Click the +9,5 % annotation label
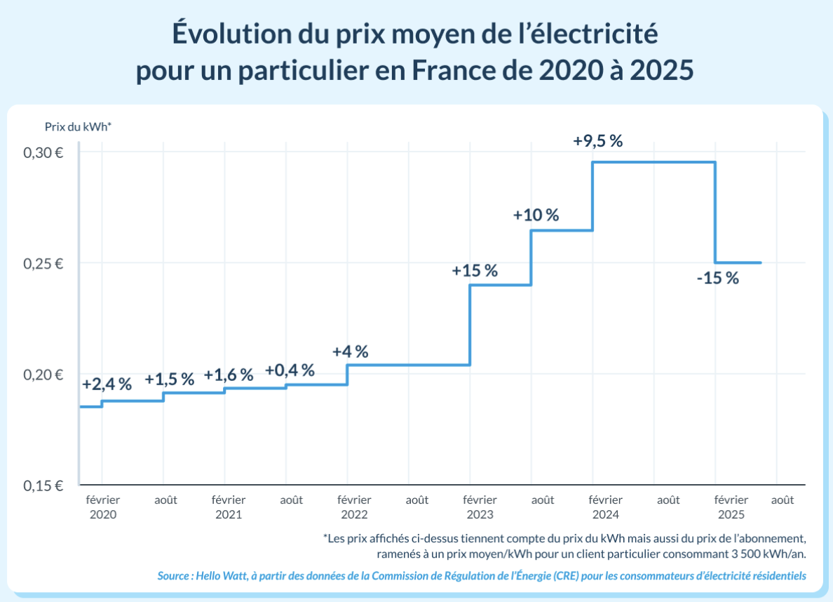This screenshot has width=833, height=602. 597,140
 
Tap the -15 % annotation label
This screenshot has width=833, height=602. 718,278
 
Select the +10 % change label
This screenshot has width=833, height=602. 536,215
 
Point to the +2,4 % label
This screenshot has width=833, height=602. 107,384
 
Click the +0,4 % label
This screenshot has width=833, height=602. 290,370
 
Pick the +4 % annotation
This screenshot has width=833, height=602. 351,352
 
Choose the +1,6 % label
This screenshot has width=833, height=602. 229,375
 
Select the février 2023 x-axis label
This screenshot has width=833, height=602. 480,507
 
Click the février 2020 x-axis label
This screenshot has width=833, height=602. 102,507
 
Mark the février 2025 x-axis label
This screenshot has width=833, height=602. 731,507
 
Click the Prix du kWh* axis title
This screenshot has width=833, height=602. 78,127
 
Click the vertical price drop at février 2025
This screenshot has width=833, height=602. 715,213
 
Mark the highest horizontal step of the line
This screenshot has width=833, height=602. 653,163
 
